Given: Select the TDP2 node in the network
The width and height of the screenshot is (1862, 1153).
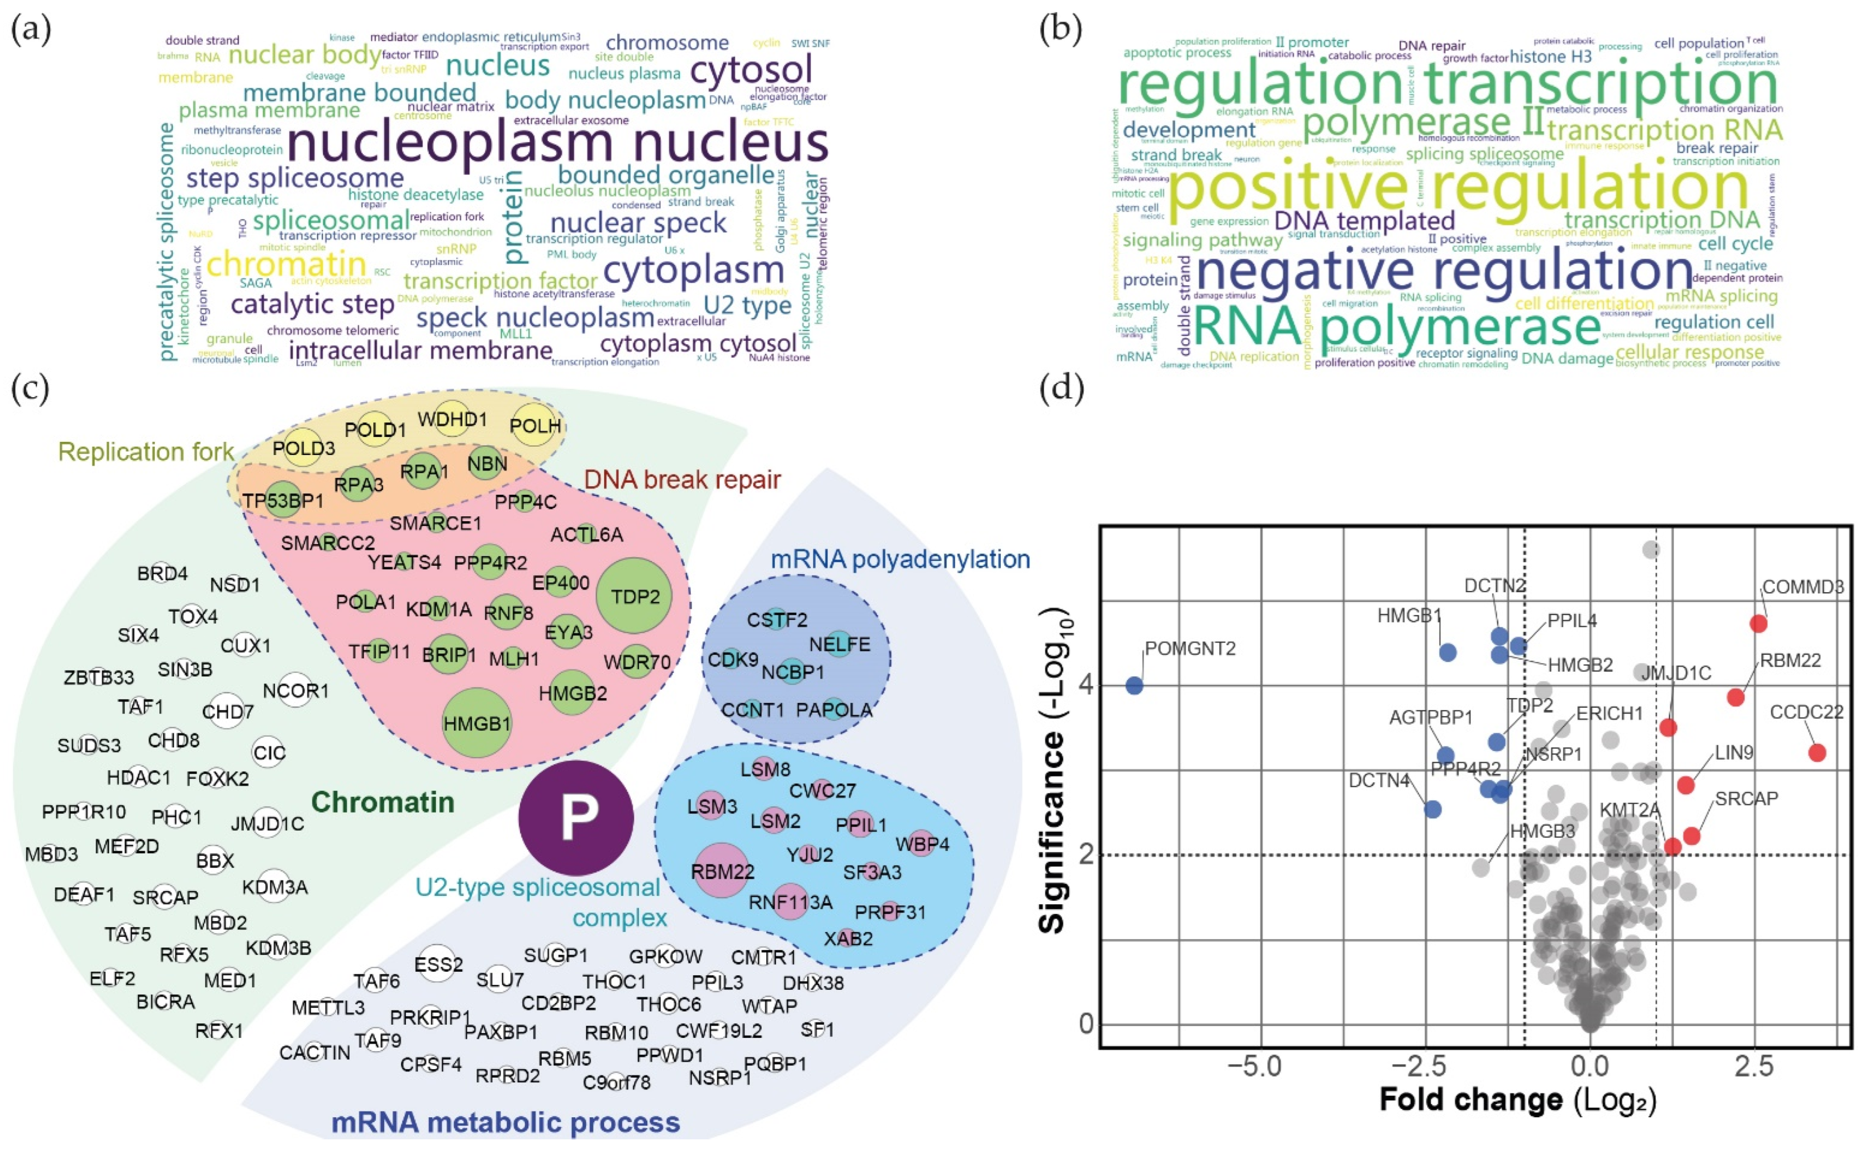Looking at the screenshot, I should tap(634, 596).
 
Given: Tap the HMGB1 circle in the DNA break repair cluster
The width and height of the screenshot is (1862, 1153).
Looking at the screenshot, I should tap(476, 722).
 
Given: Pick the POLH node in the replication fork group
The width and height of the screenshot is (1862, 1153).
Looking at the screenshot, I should tap(536, 426).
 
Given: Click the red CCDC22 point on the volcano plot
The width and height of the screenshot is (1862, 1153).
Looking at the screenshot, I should tap(1817, 753).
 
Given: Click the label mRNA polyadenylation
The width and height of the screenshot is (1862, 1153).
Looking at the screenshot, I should tap(900, 559).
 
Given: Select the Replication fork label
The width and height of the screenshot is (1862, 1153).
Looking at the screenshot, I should tap(145, 452).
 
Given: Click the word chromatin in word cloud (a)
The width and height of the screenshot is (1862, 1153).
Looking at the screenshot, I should tap(286, 264).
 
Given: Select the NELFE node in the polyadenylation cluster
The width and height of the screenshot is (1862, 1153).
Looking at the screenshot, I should tap(839, 645).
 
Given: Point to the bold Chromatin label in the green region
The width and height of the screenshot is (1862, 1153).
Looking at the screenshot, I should tap(382, 802).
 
